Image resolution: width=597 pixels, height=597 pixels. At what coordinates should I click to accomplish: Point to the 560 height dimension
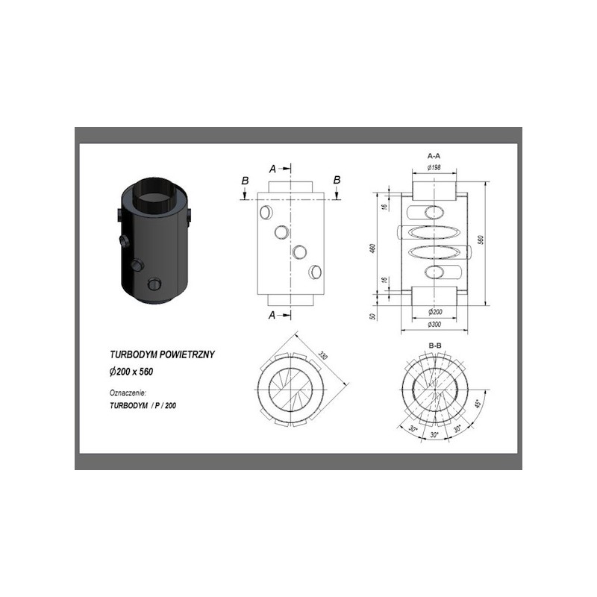pyautogui.click(x=481, y=240)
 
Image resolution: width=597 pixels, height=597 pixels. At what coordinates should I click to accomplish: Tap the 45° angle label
pyautogui.click(x=478, y=405)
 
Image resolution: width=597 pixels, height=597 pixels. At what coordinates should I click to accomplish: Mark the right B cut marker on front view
pyautogui.click(x=337, y=181)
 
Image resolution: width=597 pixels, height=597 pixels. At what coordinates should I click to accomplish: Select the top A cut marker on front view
pyautogui.click(x=272, y=167)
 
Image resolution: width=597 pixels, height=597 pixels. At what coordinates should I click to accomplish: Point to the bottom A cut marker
pyautogui.click(x=272, y=314)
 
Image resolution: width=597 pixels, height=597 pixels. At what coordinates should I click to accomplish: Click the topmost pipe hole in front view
pyautogui.click(x=266, y=213)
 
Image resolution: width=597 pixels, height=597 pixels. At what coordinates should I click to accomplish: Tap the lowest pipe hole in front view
pyautogui.click(x=316, y=271)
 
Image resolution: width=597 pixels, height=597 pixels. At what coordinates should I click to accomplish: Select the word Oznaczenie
pyautogui.click(x=126, y=392)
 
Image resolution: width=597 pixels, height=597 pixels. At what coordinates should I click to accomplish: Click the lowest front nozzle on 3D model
pyautogui.click(x=155, y=284)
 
